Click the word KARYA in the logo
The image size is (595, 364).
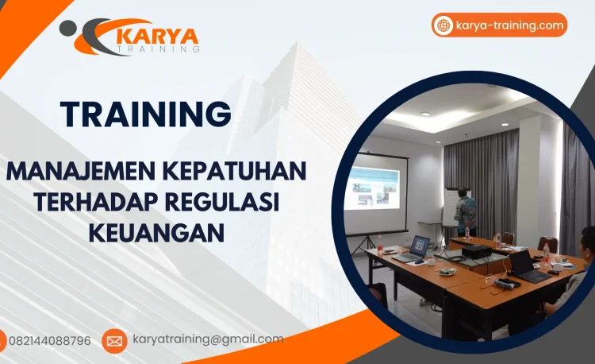158,36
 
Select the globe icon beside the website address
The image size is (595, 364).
443,25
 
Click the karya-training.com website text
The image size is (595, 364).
510,25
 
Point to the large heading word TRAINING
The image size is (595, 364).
146,114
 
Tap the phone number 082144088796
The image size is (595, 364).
50,341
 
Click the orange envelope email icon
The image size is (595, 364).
114,341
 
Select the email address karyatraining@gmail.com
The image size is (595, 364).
208,339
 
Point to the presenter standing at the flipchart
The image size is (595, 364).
466,211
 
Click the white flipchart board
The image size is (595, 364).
450,207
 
